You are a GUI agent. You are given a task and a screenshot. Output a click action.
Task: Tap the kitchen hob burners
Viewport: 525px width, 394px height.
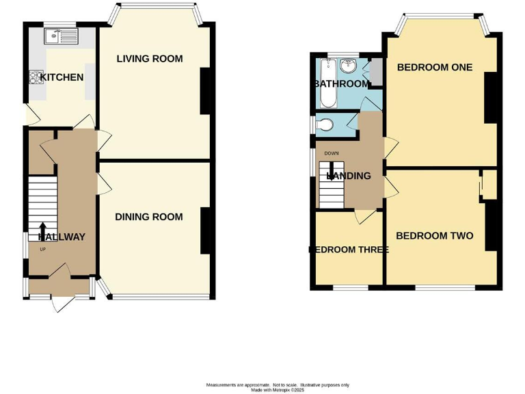click(33, 77)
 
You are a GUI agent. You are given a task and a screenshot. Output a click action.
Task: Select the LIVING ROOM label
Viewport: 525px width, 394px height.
click(150, 59)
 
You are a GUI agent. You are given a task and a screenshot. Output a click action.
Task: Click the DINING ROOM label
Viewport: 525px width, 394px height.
click(148, 217)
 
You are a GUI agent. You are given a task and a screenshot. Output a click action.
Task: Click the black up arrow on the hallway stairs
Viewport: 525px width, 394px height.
click(42, 228)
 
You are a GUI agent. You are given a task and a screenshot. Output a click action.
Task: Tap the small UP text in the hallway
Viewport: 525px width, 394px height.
click(42, 249)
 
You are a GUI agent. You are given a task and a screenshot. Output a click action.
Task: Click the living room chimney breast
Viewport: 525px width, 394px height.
click(205, 91)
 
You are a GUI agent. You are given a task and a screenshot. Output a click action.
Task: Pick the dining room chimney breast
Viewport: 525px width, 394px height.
click(205, 231)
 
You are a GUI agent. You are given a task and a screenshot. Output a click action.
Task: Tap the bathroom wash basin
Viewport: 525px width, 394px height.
click(349, 66)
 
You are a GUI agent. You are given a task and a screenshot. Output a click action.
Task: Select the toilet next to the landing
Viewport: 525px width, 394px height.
click(326, 124)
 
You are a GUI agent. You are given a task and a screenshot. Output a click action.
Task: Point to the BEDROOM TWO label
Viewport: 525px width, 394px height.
click(435, 236)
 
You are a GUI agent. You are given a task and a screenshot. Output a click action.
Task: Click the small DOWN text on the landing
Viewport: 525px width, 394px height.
click(332, 153)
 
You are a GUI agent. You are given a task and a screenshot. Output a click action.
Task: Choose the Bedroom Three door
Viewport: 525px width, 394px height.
click(364, 217)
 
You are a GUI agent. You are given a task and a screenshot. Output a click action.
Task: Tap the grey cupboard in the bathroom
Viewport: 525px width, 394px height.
click(375, 71)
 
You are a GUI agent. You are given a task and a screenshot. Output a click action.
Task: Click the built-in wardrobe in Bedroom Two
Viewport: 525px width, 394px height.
click(488, 185)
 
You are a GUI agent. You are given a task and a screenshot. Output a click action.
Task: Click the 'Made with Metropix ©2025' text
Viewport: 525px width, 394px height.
click(278, 390)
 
